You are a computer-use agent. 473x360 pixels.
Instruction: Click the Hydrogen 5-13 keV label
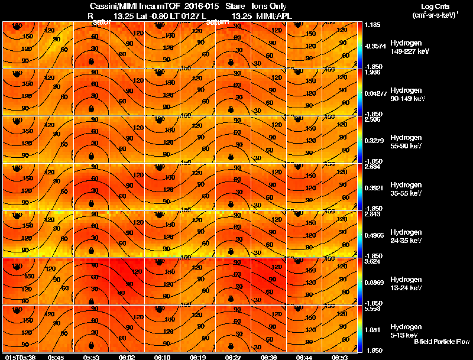(x=406, y=331)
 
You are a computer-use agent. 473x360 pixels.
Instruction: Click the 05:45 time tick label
(x=56, y=357)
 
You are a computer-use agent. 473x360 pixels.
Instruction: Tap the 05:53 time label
(x=92, y=357)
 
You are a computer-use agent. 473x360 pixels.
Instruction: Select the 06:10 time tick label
(x=163, y=357)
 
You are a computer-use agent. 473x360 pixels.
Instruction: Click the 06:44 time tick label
(x=304, y=357)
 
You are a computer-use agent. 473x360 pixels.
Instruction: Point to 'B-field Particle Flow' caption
(x=441, y=342)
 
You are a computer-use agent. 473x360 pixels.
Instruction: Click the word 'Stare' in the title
(x=235, y=6)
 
